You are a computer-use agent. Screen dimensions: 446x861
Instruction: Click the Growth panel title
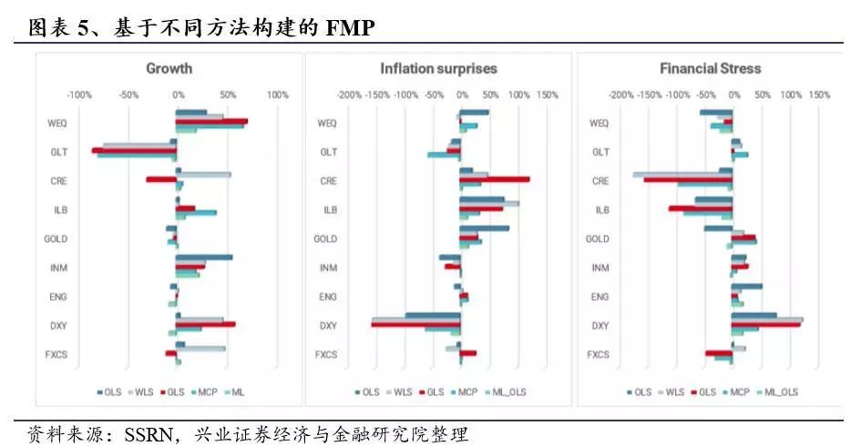pyautogui.click(x=169, y=68)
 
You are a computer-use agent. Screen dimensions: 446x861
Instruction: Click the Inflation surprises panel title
pyautogui.click(x=438, y=68)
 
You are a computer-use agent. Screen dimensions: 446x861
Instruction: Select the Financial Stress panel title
pyautogui.click(x=710, y=68)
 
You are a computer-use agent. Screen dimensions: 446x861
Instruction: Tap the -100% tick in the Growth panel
pyautogui.click(x=79, y=95)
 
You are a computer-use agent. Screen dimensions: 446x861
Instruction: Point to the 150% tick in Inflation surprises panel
pyautogui.click(x=547, y=95)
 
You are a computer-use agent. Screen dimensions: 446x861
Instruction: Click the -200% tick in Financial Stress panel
pyautogui.click(x=620, y=95)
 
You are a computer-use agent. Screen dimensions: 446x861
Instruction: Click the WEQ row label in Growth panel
pyautogui.click(x=56, y=123)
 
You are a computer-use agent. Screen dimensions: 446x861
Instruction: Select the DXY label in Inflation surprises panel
pyautogui.click(x=328, y=326)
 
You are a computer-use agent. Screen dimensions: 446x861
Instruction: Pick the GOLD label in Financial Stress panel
pyautogui.click(x=597, y=238)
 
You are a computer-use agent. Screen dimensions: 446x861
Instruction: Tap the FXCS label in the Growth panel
pyautogui.click(x=58, y=355)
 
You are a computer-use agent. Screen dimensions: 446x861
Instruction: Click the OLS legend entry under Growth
pyautogui.click(x=109, y=391)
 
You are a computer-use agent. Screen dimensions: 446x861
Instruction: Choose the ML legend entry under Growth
pyautogui.click(x=237, y=391)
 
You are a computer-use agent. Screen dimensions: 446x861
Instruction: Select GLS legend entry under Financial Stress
pyautogui.click(x=703, y=391)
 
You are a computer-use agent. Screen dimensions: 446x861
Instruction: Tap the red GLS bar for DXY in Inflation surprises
pyautogui.click(x=415, y=324)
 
